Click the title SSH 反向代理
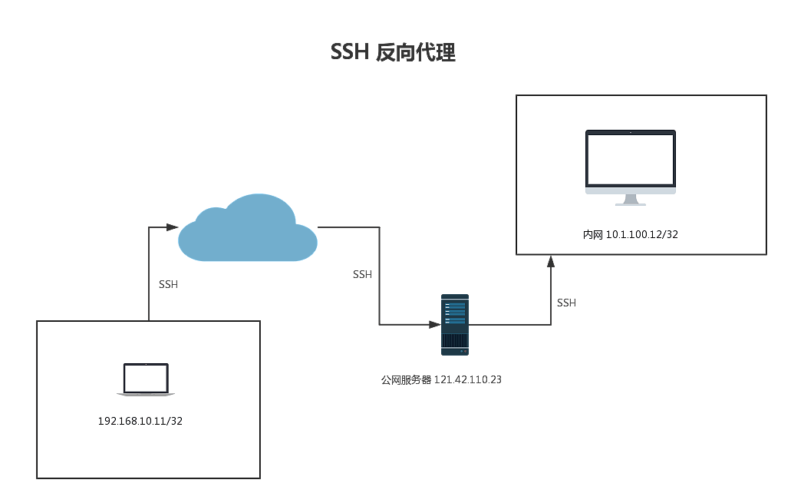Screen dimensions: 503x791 click(393, 52)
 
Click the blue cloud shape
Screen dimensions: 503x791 click(247, 230)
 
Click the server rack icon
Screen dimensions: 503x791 click(455, 324)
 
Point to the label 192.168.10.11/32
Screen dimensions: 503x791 click(140, 421)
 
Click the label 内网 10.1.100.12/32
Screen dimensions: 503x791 click(630, 234)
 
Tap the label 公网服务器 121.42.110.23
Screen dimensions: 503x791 click(441, 379)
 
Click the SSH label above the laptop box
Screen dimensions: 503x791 click(168, 284)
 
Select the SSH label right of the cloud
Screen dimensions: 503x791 click(362, 274)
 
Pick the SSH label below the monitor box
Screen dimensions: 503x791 click(566, 303)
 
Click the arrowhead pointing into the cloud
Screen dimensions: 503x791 click(173, 227)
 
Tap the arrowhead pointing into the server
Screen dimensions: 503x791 click(434, 325)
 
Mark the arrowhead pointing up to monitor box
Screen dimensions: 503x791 click(551, 262)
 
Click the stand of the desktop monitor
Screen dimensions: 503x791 click(631, 200)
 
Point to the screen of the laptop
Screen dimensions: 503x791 click(146, 378)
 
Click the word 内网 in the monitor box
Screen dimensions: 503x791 click(592, 234)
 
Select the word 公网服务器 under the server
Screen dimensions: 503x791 click(406, 379)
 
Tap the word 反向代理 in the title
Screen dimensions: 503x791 click(417, 52)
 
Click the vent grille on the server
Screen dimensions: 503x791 click(455, 340)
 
